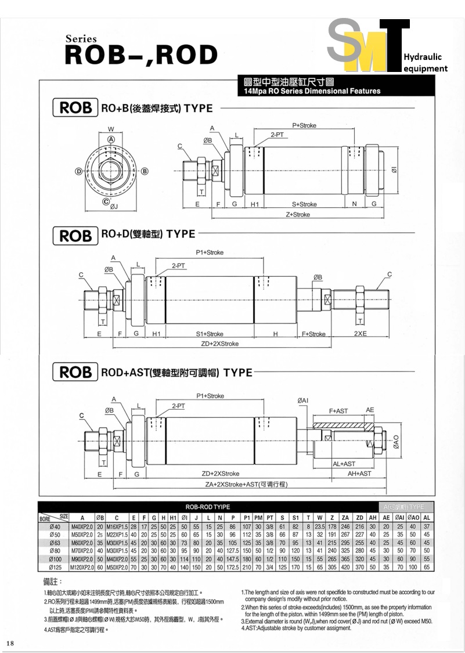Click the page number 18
tap(11, 643)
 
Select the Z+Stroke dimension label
tap(297, 215)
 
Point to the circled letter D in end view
tap(78, 171)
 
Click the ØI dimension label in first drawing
tap(394, 170)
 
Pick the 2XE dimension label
tap(361, 334)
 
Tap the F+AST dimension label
tap(338, 411)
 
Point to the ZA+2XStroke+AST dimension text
tap(247, 484)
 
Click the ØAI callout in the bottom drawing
tap(303, 401)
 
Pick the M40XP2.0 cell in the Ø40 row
tap(82, 526)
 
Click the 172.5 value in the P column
tap(232, 567)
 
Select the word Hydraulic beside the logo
tap(423, 57)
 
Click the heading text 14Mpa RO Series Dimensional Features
tap(312, 91)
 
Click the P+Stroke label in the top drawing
tap(304, 125)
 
